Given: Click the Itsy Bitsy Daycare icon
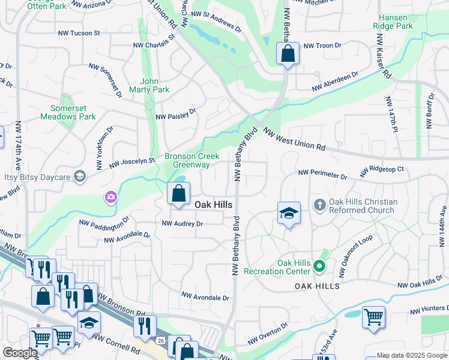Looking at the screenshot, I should (79, 176).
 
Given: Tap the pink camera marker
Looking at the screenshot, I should (110, 196).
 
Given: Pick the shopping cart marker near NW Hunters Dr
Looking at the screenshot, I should (373, 316).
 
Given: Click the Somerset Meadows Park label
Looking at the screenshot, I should (69, 112).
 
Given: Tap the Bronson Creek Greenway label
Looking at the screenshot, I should (187, 160).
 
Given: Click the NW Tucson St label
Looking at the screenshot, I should (78, 34).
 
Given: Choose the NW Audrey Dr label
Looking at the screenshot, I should (182, 224).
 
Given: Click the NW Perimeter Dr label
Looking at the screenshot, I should (322, 175).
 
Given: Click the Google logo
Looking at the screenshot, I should (20, 353).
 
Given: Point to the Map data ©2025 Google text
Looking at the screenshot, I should (411, 355).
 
